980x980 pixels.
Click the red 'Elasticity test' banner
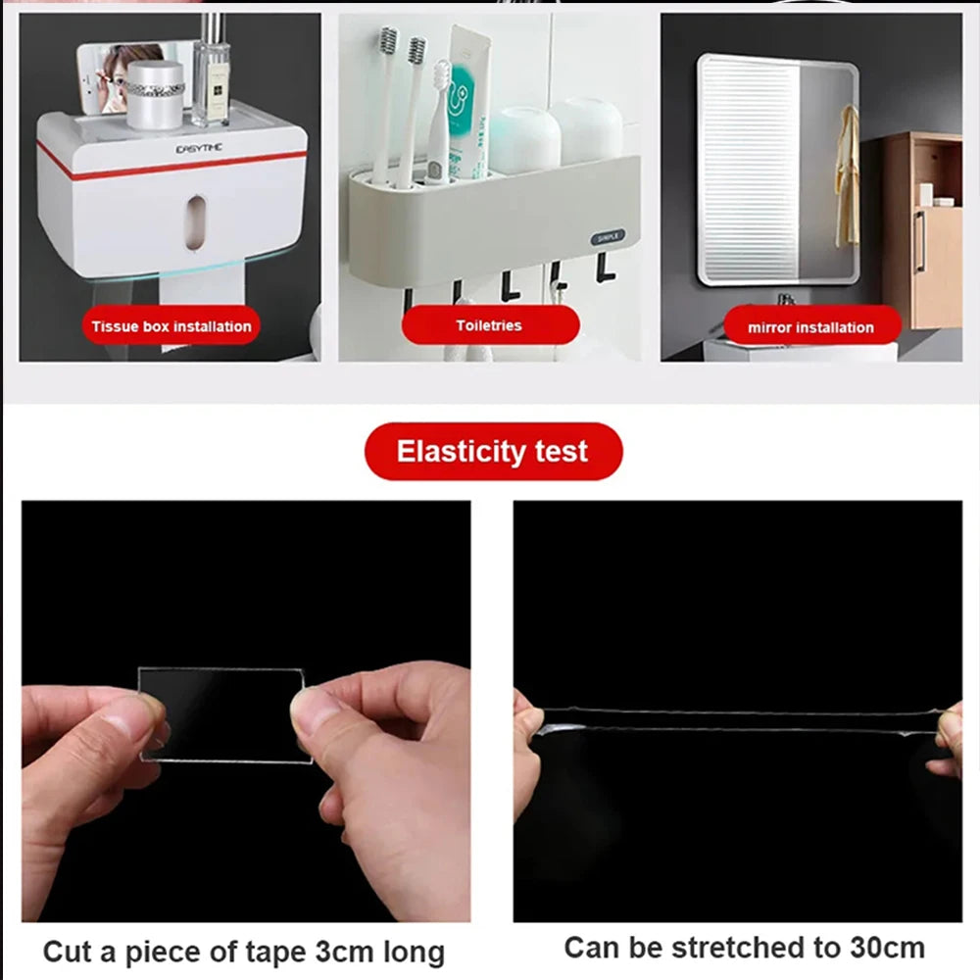[x=493, y=452]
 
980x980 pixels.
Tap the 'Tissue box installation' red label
[x=171, y=326]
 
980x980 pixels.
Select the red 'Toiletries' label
[x=489, y=325]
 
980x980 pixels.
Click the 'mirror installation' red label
[x=810, y=327]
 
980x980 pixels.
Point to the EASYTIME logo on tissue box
[x=199, y=148]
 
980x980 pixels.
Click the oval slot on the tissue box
[x=196, y=217]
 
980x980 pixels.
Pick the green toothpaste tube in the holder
[x=466, y=98]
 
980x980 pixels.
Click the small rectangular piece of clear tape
[x=223, y=713]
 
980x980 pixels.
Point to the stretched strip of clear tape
[x=735, y=721]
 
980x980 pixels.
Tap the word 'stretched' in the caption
[x=729, y=948]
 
